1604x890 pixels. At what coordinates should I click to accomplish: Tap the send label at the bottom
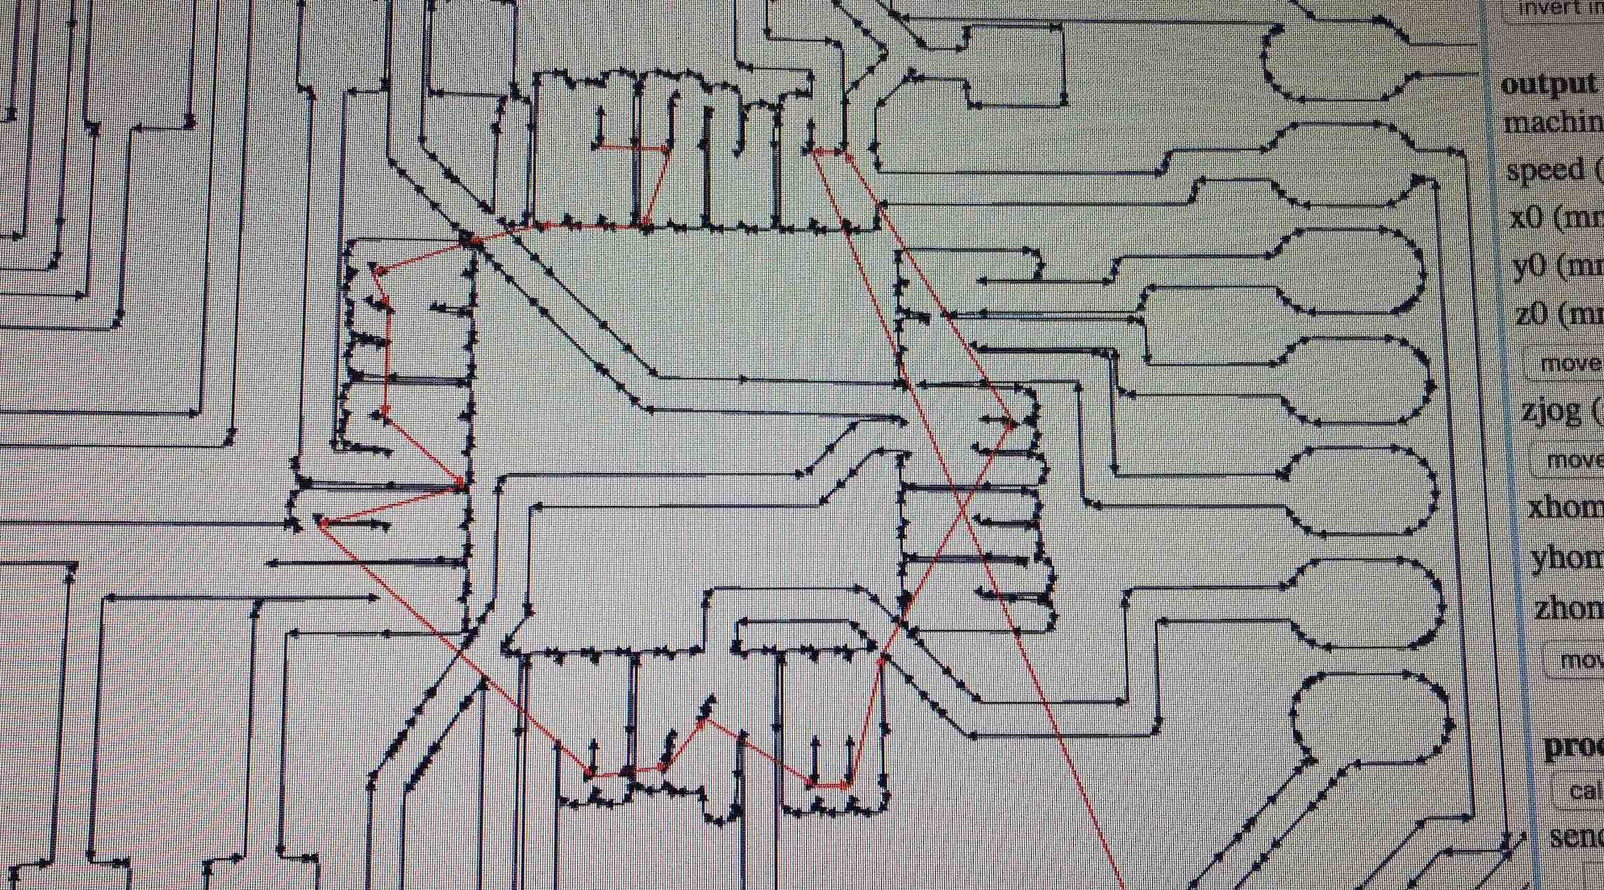[x=1577, y=837]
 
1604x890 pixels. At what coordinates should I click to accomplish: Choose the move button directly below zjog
[x=1570, y=460]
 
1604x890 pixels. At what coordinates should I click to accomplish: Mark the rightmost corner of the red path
[x=1014, y=423]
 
